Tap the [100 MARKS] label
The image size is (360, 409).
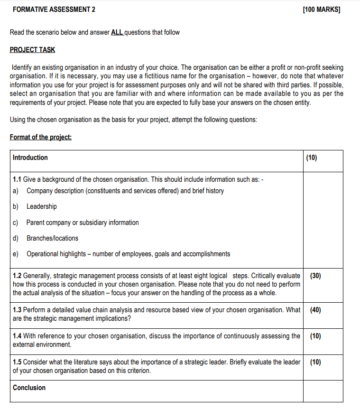321,9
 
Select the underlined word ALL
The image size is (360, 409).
117,32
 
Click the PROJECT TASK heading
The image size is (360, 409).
32,50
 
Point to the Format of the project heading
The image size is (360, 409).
41,137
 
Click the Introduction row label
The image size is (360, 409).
30,158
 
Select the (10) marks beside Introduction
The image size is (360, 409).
312,158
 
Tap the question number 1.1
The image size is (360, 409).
17,179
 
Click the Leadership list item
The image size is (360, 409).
42,206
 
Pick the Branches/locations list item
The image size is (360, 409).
53,238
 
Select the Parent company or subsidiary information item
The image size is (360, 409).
83,223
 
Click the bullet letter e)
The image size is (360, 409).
16,254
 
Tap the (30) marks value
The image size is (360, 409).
315,276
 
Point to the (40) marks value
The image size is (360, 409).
315,310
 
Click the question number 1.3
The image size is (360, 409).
17,310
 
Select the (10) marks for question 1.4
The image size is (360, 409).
315,336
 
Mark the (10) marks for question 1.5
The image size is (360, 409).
315,362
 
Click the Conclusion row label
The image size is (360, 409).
29,388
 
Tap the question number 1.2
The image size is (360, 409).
17,276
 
